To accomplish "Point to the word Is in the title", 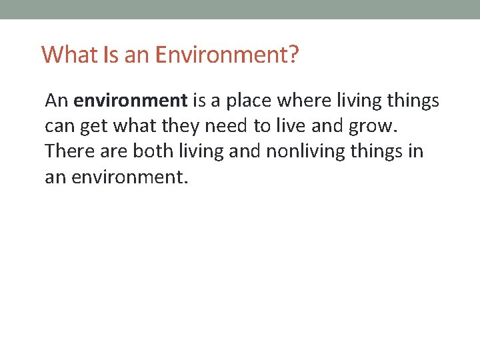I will click(x=111, y=54).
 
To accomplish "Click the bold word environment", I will click(x=131, y=101).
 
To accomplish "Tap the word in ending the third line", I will click(x=415, y=151).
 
